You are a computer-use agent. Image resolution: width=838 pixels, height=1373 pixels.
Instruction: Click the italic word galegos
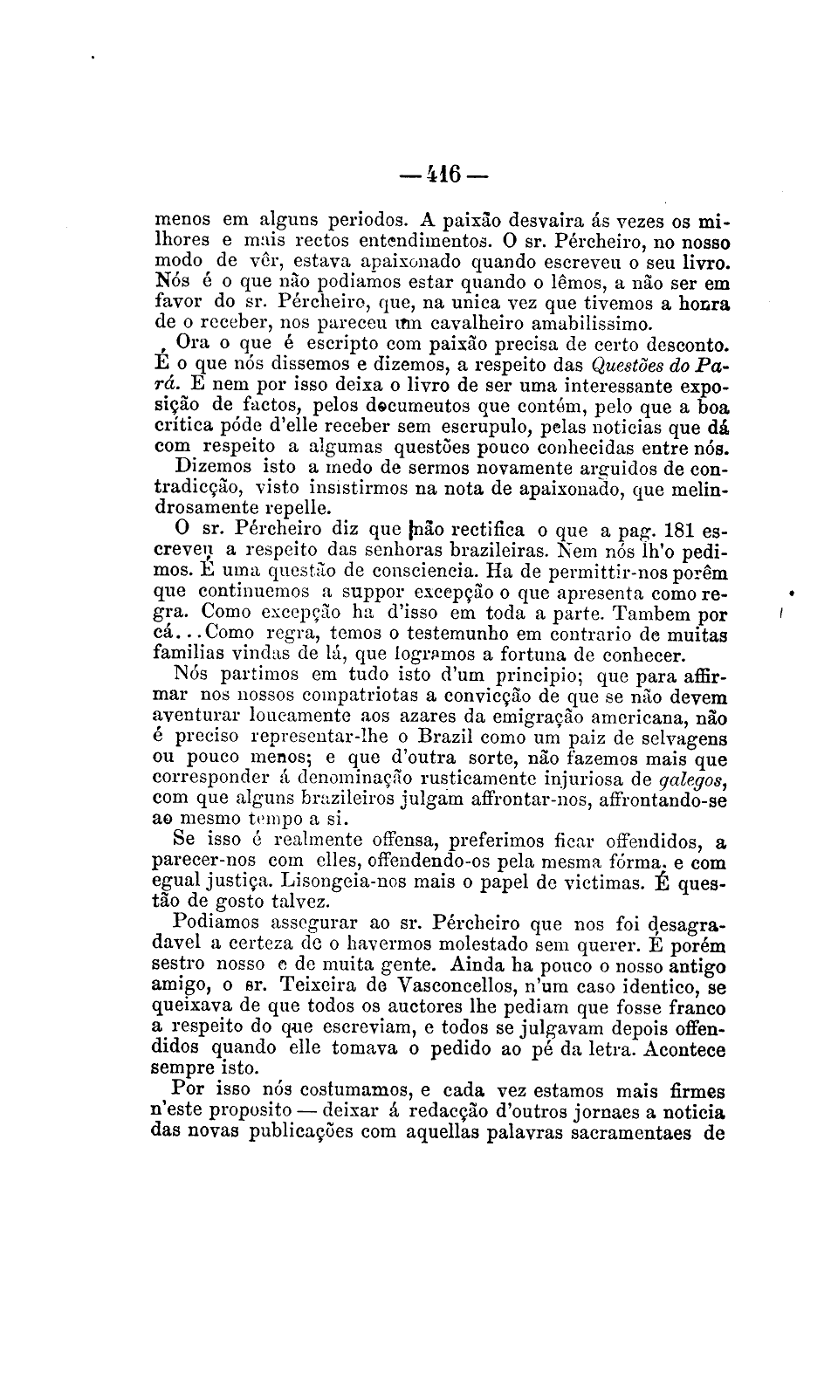coord(695,779)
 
